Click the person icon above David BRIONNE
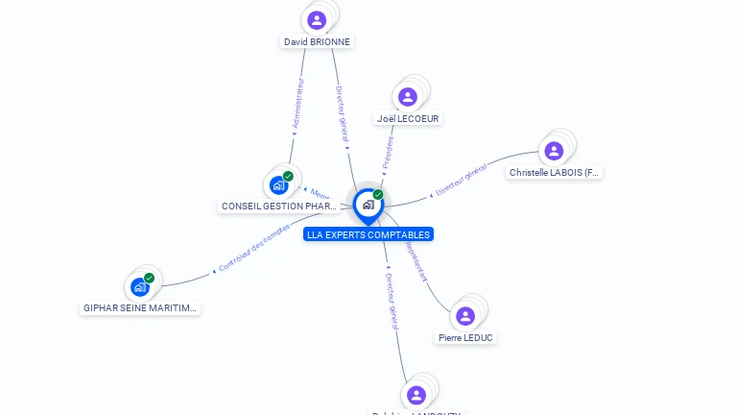point(317,19)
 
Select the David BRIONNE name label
point(317,42)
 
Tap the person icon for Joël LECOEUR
point(408,96)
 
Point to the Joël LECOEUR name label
point(409,118)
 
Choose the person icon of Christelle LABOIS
point(554,150)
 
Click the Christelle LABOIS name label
point(555,173)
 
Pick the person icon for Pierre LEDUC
point(465,316)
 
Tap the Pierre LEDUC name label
point(466,338)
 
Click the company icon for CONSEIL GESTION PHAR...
point(279,183)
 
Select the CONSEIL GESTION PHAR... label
point(279,206)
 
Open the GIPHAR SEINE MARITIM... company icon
point(140,286)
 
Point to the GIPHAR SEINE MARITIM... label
point(140,308)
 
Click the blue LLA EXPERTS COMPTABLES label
point(368,234)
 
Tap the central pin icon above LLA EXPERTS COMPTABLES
point(368,205)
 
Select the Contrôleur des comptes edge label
point(253,248)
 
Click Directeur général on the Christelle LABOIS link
point(461,181)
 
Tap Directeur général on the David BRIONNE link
point(341,115)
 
